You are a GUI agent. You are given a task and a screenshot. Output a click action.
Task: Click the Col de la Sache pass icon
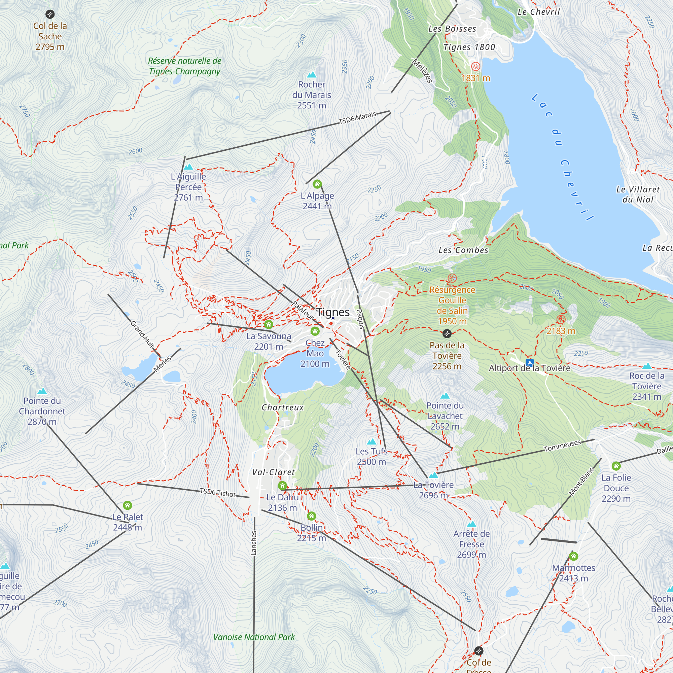point(50,14)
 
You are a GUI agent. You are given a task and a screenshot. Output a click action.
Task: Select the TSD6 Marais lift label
point(357,118)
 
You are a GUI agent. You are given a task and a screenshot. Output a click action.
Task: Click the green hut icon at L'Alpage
point(317,184)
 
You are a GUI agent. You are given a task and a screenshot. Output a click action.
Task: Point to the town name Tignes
point(333,312)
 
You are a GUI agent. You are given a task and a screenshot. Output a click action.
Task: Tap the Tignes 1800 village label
point(469,47)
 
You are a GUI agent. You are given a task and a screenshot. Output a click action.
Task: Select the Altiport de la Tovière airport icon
point(529,362)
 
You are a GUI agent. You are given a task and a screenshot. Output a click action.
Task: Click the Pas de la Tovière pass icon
point(447,334)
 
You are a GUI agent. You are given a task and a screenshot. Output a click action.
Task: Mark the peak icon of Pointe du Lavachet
point(445,396)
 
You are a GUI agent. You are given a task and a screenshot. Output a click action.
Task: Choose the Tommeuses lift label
point(562,446)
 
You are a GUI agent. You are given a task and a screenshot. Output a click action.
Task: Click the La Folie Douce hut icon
point(616,466)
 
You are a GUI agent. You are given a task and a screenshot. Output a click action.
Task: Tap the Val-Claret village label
point(274,472)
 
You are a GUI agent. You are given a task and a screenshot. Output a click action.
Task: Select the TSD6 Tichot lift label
point(218,493)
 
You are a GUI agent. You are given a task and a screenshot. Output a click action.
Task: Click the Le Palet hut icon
point(128,505)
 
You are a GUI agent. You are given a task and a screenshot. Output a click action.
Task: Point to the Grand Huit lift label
point(142,334)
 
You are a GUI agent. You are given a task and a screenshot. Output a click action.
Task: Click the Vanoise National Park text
point(254,637)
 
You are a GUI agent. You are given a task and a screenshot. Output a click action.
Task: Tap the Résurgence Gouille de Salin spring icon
point(452,278)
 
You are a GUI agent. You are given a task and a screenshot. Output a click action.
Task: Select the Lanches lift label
point(254,543)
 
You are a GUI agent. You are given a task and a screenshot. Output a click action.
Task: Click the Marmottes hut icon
point(573,556)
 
